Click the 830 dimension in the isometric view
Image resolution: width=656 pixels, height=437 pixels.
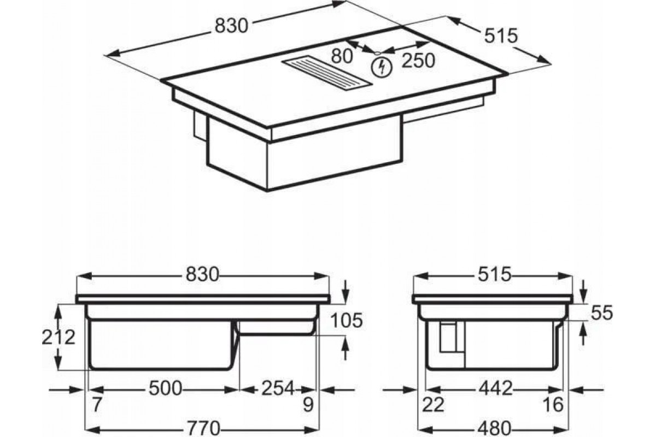(x=231, y=26)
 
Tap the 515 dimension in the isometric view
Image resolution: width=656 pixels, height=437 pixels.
(x=501, y=36)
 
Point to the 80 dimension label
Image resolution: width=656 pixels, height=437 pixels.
(x=342, y=56)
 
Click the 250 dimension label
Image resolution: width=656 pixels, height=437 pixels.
(x=418, y=61)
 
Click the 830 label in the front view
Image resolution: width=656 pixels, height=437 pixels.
(x=203, y=275)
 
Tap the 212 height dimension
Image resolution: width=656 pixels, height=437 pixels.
(x=58, y=337)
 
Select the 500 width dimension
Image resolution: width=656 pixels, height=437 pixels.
(x=166, y=389)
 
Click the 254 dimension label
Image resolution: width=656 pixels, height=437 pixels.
(x=278, y=389)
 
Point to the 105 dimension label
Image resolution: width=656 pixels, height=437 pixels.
(x=347, y=320)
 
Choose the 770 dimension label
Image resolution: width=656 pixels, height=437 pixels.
(x=203, y=428)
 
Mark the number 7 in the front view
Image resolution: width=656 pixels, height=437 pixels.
(x=97, y=405)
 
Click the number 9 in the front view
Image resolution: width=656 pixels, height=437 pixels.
(x=308, y=405)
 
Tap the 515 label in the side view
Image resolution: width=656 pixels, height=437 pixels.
(x=494, y=275)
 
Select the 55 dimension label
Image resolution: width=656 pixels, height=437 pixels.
(x=602, y=312)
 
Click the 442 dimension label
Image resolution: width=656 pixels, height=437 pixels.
(x=495, y=389)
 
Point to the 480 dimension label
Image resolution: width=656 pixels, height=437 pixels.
(x=495, y=428)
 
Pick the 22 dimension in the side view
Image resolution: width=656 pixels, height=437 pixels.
(x=433, y=405)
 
